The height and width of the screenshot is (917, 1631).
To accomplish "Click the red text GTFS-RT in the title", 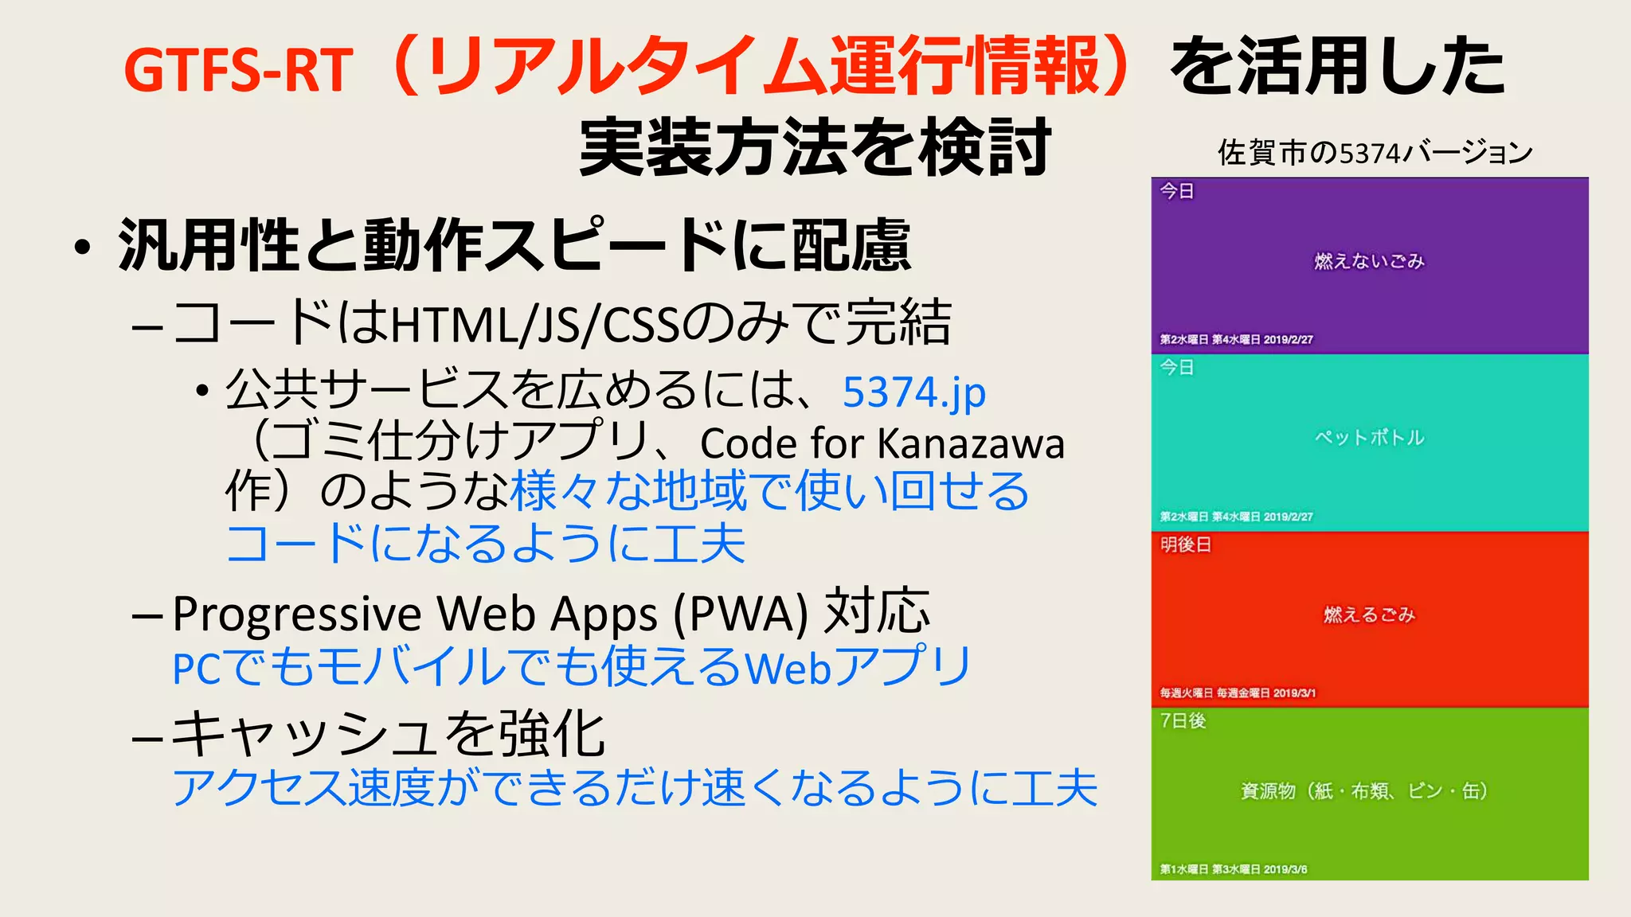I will pos(238,71).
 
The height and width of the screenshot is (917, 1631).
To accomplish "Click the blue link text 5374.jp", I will pos(913,392).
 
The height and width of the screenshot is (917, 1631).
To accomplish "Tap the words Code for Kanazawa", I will pos(882,444).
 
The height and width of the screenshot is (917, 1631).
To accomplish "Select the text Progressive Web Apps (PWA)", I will pos(490,615).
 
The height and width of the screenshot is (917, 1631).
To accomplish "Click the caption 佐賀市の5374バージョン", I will pos(1375,152).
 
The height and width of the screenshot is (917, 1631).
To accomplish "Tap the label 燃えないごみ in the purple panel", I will pos(1369,261).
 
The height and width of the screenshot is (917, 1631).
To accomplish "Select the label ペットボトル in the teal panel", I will pos(1369,437).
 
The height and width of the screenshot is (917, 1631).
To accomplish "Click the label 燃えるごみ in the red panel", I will pos(1369,615).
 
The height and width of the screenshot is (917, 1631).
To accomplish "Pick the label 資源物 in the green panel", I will pos(1268,790).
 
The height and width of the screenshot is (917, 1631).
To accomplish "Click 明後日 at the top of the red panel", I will pos(1185,544).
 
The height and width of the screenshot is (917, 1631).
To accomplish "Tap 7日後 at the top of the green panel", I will pos(1183,720).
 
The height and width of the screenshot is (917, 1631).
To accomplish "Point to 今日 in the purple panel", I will pos(1176,191).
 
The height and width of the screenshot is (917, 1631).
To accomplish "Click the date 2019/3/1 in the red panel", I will pos(1294,693).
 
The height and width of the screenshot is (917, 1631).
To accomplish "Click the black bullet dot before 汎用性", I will pos(82,248).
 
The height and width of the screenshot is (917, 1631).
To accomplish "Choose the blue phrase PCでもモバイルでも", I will pos(385,667).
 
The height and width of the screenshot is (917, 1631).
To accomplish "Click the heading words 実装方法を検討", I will pos(815,147).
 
